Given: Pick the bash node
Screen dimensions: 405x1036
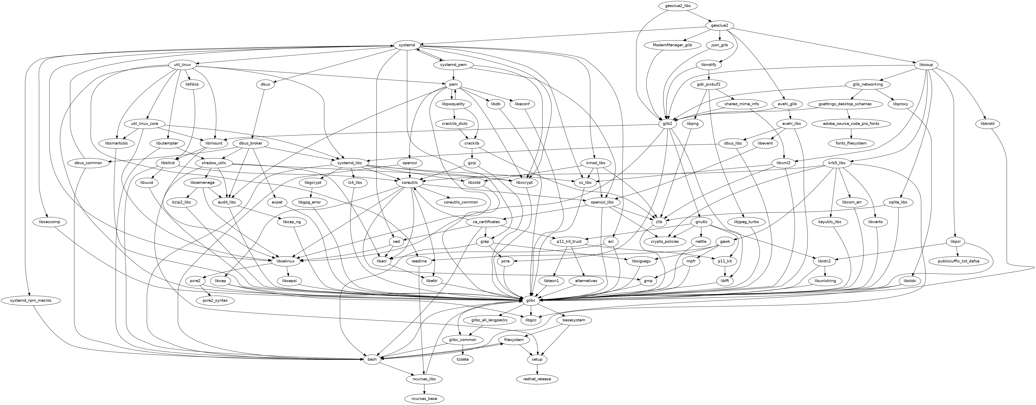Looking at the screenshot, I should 372,359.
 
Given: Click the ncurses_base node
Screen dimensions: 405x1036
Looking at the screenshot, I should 425,399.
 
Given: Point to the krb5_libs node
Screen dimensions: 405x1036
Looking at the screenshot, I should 837,163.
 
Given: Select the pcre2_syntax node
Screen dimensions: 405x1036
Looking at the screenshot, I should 215,300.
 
